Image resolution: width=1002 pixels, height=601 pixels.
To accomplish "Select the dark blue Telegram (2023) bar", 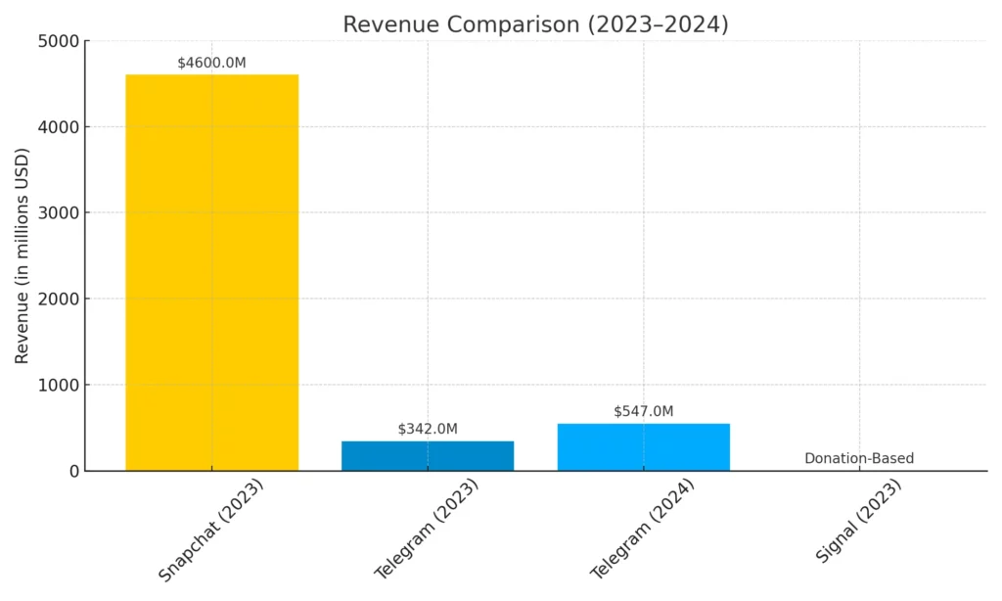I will click(428, 455).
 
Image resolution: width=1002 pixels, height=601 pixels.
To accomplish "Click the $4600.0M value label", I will click(211, 63).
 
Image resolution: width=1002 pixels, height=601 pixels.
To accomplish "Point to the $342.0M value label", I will click(428, 429).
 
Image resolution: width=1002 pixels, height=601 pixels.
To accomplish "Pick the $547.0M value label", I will click(643, 411).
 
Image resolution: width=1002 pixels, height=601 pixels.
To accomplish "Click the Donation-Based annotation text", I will click(858, 458).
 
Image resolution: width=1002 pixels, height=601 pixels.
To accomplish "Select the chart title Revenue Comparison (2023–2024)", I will click(535, 24).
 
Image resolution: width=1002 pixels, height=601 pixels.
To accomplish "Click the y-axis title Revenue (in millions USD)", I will click(23, 255).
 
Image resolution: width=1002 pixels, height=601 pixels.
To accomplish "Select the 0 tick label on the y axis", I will click(73, 471).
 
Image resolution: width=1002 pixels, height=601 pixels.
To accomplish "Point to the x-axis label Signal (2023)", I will click(858, 521).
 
